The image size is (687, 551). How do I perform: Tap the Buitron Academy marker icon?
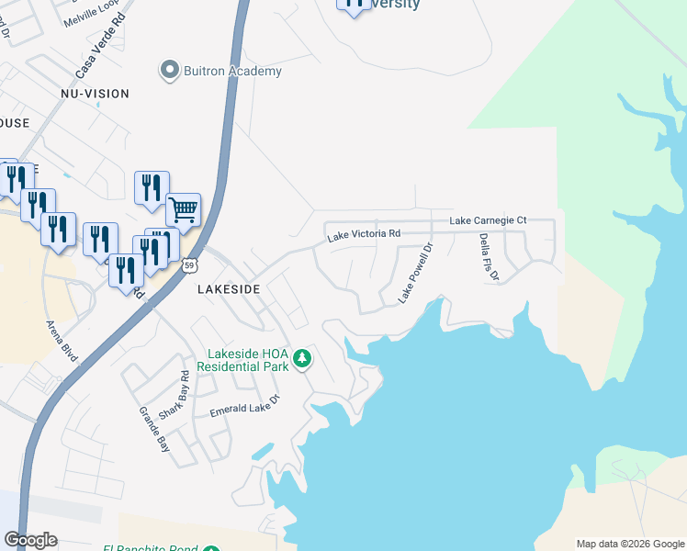[169, 70]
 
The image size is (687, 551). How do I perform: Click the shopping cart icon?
[183, 210]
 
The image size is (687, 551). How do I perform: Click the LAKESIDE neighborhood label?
[230, 288]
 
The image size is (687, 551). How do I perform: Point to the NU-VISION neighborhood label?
[95, 94]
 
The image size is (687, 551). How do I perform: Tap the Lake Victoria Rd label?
[365, 236]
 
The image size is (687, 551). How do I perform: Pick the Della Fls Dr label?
[488, 256]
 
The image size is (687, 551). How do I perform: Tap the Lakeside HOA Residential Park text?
[248, 359]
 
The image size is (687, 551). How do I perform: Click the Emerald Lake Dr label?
[244, 407]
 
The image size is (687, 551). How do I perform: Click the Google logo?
[30, 540]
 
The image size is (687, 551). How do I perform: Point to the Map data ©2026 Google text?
[629, 544]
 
